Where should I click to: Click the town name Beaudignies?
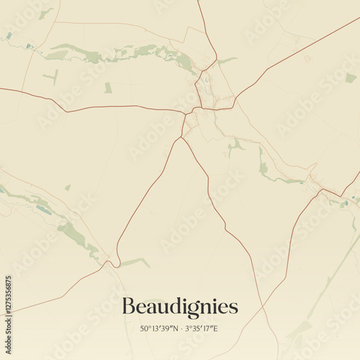click(179, 307)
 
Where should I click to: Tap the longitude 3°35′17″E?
click(201, 329)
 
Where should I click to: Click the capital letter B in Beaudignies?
click(128, 306)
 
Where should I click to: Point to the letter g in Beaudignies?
click(189, 309)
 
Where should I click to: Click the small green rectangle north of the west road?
click(108, 88)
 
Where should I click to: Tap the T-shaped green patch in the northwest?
click(53, 76)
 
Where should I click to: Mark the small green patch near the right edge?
click(351, 78)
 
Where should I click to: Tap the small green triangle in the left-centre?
click(68, 188)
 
